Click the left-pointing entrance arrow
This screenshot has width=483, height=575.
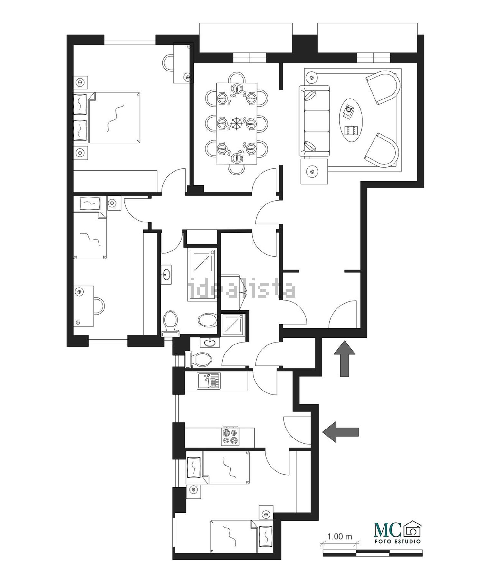(340, 432)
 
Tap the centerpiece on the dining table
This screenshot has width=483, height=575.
(238, 123)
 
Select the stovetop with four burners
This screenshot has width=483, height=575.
(230, 437)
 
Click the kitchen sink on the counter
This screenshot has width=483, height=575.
(208, 381)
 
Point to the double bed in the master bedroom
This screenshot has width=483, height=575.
(114, 118)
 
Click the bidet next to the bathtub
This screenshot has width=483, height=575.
(208, 320)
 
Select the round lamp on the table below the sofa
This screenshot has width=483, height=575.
(311, 172)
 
